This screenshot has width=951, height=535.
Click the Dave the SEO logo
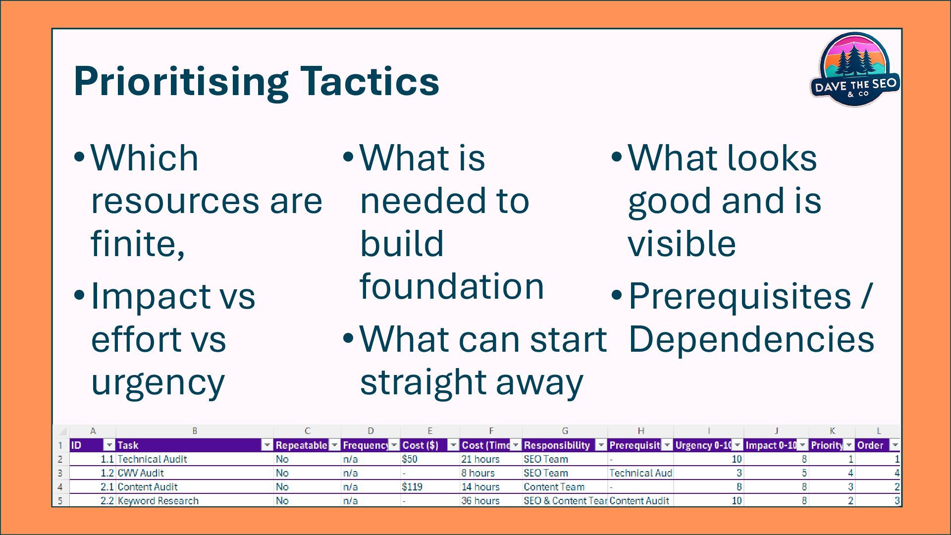tap(855, 69)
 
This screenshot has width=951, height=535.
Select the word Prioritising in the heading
tap(181, 82)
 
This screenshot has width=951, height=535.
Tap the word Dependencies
tap(751, 339)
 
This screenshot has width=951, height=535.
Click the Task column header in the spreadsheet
tap(195, 445)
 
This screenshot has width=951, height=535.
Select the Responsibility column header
tap(565, 445)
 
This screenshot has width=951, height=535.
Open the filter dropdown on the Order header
tap(895, 445)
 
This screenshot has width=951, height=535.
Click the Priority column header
tap(832, 445)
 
